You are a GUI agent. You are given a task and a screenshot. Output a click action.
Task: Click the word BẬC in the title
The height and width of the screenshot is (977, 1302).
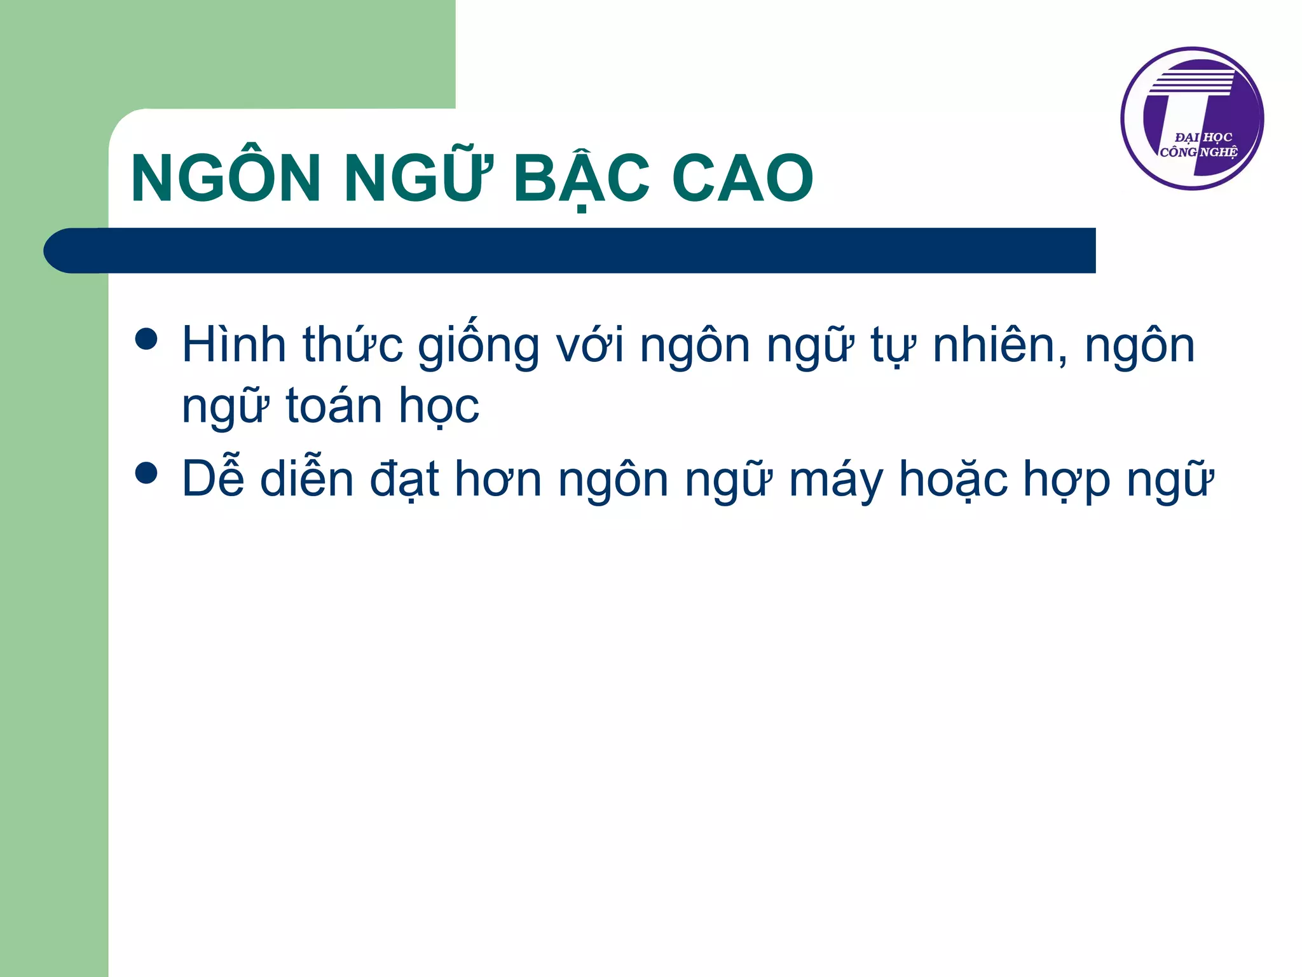click(582, 179)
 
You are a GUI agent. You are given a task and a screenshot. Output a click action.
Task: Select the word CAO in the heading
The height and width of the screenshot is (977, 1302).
click(742, 179)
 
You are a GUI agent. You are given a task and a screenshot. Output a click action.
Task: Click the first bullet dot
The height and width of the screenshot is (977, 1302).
click(146, 339)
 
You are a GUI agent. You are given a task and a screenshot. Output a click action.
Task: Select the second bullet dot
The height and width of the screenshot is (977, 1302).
click(146, 473)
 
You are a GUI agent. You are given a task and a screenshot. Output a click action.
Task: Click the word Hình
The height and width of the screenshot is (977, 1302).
click(234, 345)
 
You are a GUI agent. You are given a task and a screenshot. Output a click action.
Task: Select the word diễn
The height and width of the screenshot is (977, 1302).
click(307, 478)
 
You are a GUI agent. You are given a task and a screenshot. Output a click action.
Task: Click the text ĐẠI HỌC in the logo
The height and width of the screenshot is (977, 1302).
click(1203, 137)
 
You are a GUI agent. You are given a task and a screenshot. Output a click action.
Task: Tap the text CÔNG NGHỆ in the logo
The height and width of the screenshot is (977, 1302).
click(1198, 153)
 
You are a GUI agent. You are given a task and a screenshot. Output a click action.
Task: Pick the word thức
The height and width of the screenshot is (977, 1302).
click(352, 345)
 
